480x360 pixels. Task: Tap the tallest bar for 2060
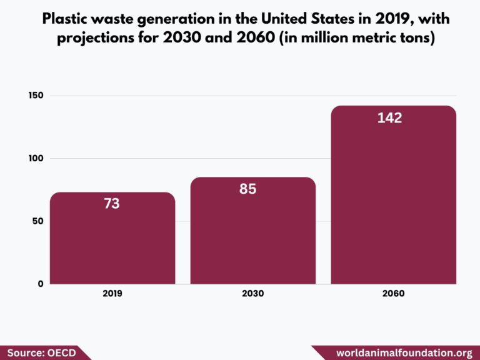(x=393, y=200)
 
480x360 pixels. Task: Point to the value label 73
(x=112, y=204)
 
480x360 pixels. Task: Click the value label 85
(x=248, y=189)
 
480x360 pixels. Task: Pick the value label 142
(x=389, y=118)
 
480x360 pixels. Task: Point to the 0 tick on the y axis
(x=41, y=284)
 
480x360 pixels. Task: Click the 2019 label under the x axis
(x=112, y=293)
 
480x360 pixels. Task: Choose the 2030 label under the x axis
(x=252, y=293)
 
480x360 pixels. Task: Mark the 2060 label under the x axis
(x=393, y=293)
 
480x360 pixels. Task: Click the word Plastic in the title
(x=66, y=19)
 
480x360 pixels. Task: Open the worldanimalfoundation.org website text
(x=404, y=352)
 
